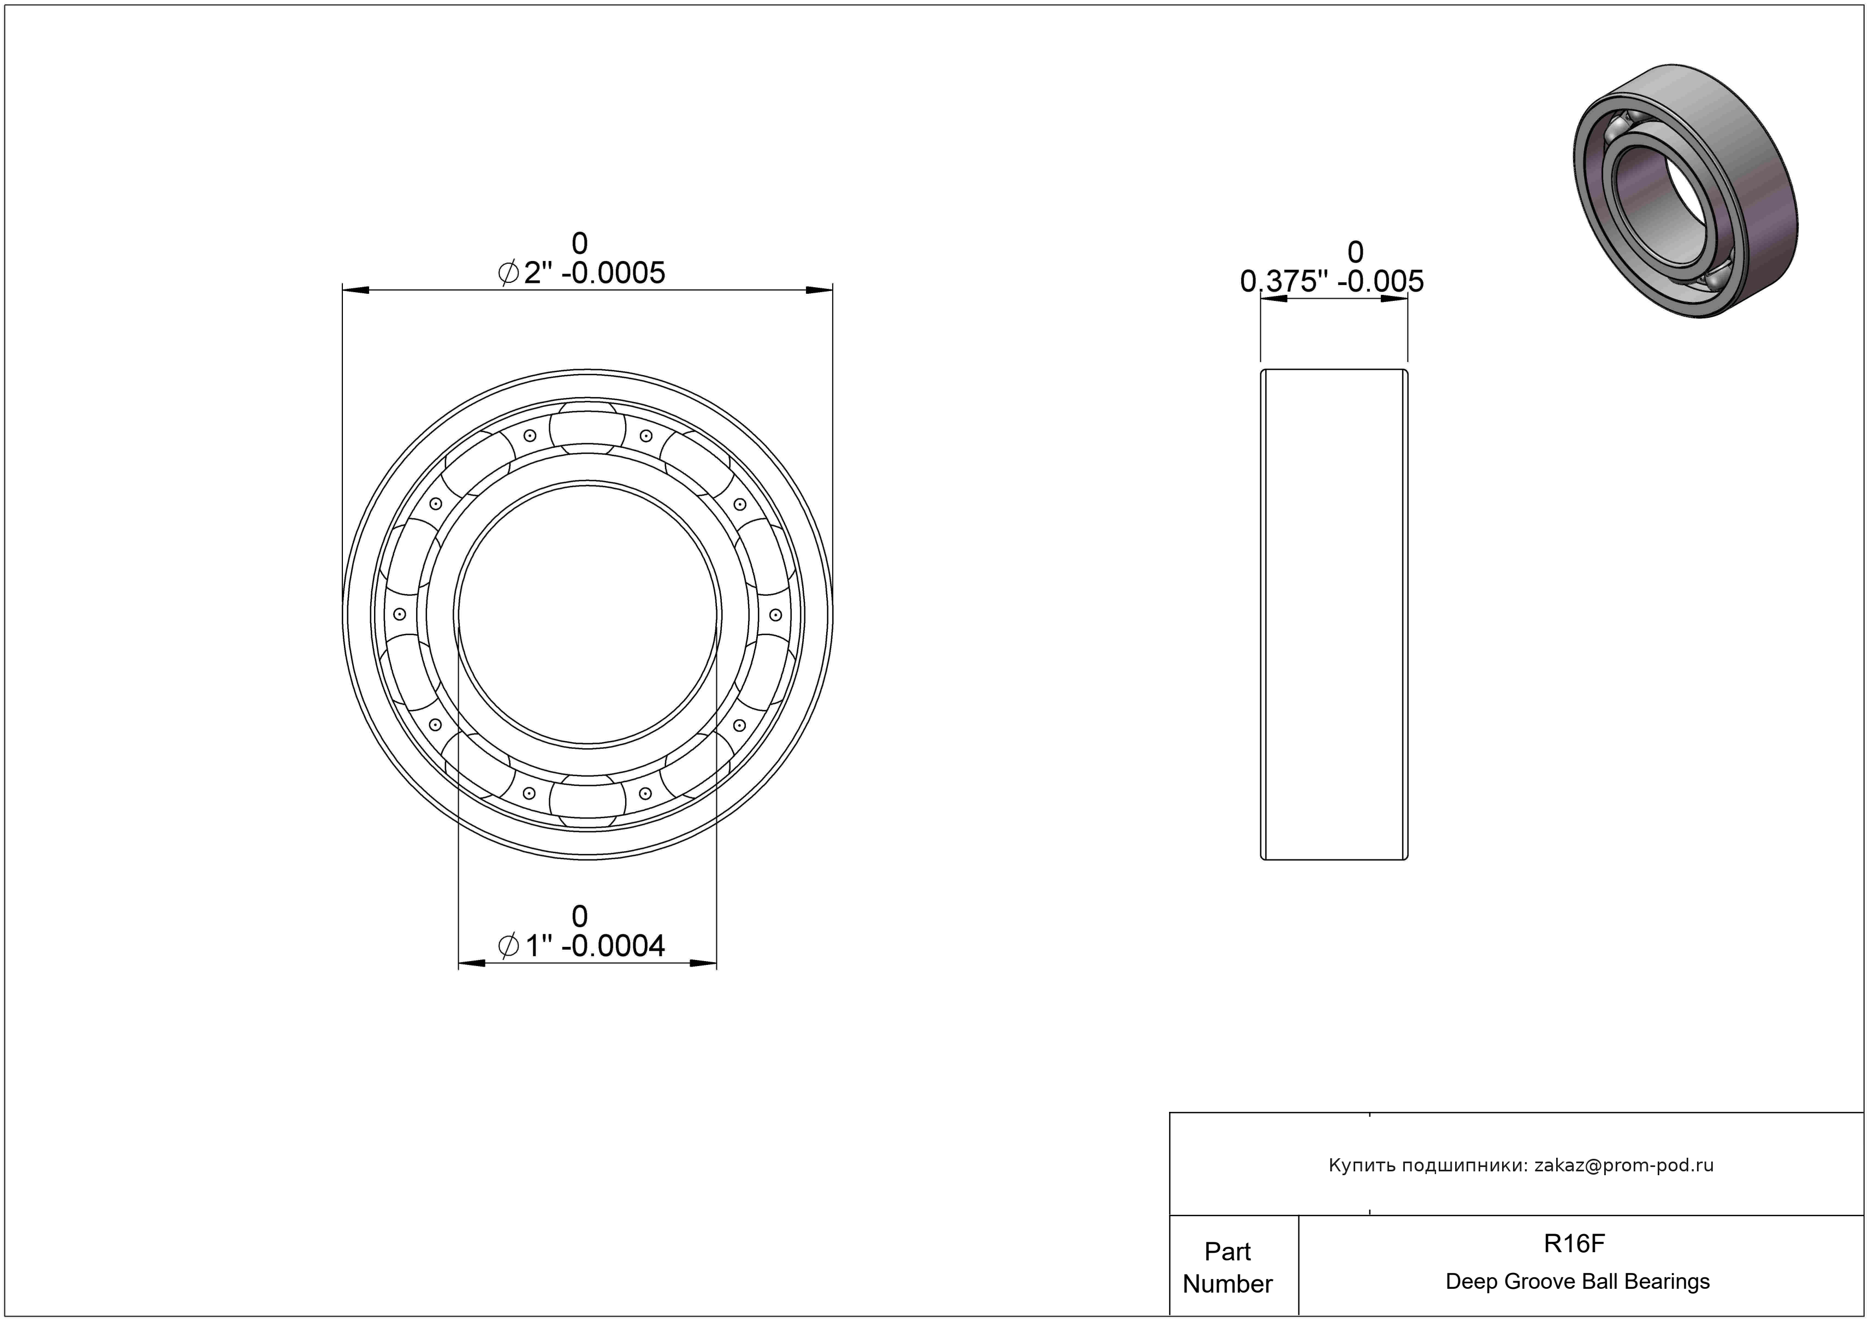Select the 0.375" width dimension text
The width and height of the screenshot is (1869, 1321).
pyautogui.click(x=1332, y=267)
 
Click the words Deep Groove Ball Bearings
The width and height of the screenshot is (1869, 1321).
pyautogui.click(x=1577, y=1282)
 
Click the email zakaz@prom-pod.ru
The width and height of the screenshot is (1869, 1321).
pyautogui.click(x=1623, y=1165)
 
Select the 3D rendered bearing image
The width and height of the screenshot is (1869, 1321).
pyautogui.click(x=1685, y=191)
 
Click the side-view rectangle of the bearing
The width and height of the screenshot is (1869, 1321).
pyautogui.click(x=1334, y=614)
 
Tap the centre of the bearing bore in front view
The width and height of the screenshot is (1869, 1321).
pyautogui.click(x=588, y=614)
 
